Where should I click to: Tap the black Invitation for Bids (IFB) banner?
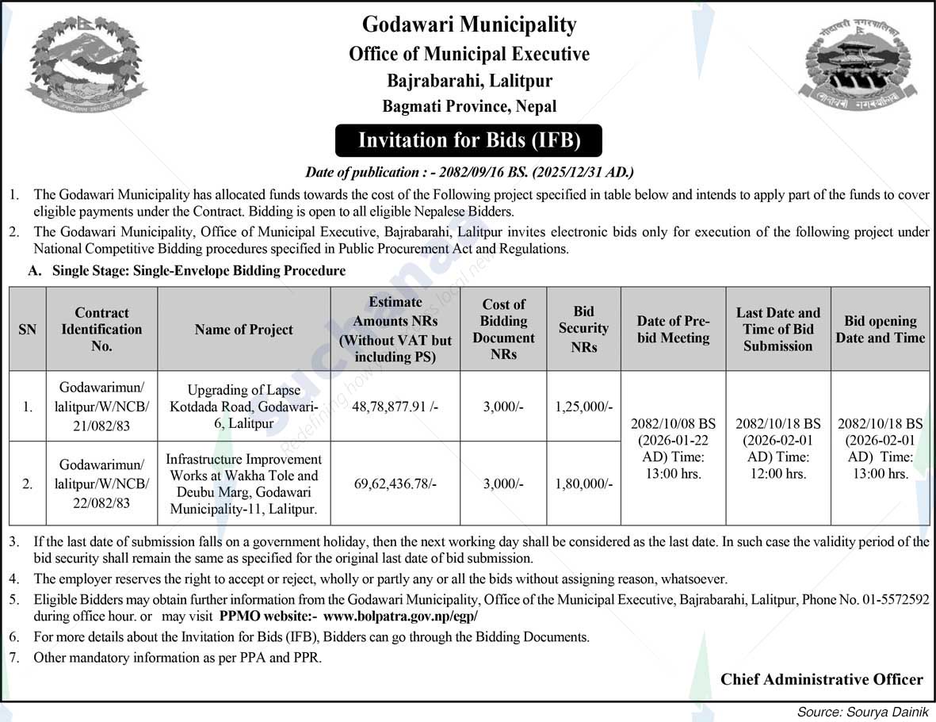pos(469,140)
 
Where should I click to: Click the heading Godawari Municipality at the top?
pos(469,25)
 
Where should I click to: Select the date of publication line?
pos(469,172)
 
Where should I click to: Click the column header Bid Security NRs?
pos(583,329)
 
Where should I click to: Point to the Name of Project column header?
pos(243,330)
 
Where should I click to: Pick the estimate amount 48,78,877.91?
pos(395,407)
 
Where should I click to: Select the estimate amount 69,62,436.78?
pos(395,483)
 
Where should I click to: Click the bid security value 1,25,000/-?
pos(583,407)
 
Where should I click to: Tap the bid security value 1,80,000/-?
pos(583,483)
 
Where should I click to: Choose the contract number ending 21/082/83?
pos(101,407)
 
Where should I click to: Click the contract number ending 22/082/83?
pos(101,483)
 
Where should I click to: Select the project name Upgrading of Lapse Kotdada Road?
pos(243,407)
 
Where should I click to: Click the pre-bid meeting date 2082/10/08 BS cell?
pos(673,449)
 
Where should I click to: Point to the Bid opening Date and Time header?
pos(880,329)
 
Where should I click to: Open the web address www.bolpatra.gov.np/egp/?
pos(401,616)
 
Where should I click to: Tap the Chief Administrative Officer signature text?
pos(821,679)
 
